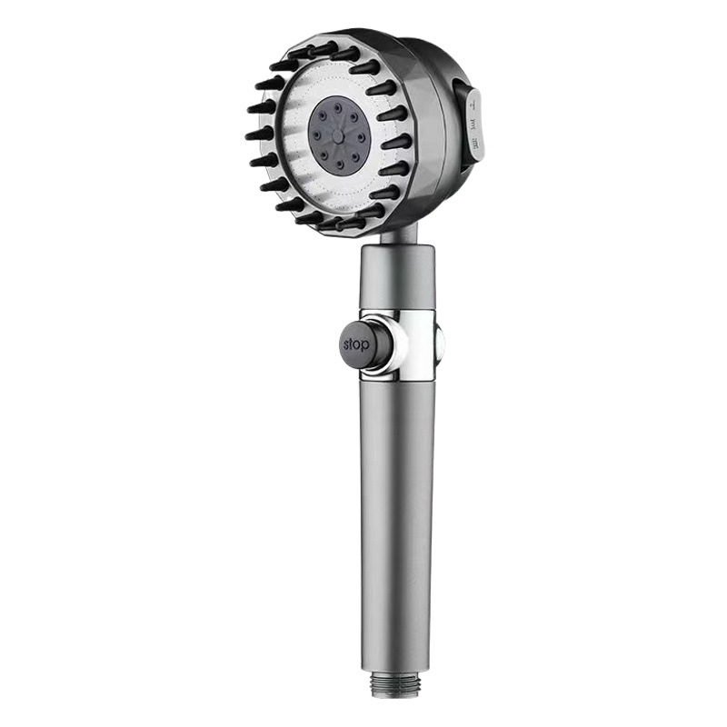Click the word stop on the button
[x=356, y=344]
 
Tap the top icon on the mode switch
[x=473, y=105]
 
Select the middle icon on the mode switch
[x=473, y=124]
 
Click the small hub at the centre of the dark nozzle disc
[x=338, y=134]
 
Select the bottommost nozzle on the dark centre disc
[x=338, y=163]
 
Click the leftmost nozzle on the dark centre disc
[x=316, y=135]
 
